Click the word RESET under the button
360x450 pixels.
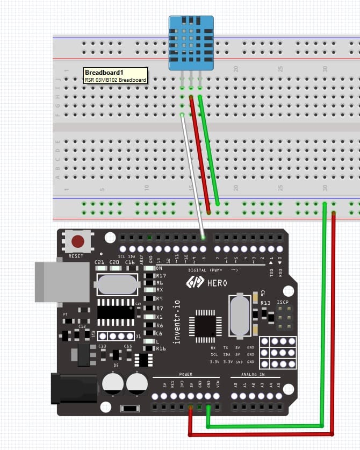(x=76, y=256)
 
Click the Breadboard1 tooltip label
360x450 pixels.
(x=115, y=75)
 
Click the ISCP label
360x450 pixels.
(x=283, y=302)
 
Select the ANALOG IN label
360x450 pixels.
(x=254, y=374)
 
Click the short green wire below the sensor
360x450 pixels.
(x=209, y=151)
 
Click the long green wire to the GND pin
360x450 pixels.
(x=325, y=323)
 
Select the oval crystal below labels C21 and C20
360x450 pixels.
(x=118, y=283)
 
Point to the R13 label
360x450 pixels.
(x=265, y=303)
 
